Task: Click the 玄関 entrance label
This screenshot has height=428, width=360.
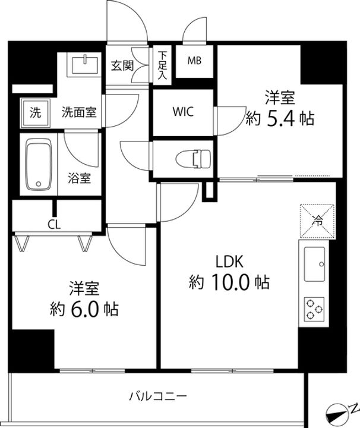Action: pos(122,66)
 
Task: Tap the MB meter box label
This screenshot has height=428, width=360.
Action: pos(194,61)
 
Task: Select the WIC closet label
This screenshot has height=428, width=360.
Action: pos(183,111)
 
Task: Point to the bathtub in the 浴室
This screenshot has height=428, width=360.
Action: pos(39,166)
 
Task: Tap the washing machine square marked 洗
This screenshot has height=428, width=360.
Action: pos(36,111)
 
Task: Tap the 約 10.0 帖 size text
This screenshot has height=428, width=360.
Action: pos(229,281)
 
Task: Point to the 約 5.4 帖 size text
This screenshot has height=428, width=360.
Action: pos(280,118)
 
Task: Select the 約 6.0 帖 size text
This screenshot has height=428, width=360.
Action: pos(84,309)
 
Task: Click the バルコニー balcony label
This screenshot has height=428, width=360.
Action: pos(158,395)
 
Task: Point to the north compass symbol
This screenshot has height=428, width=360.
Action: pos(341,413)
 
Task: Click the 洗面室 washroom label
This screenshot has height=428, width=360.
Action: pos(80,111)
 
